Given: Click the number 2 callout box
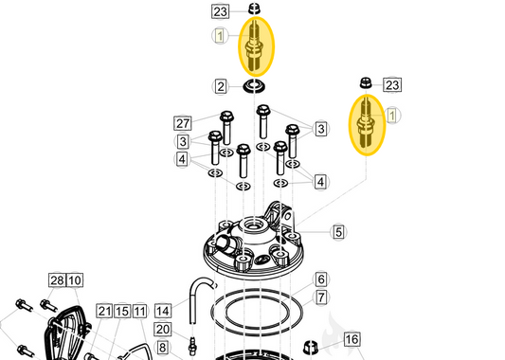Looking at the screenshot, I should pyautogui.click(x=221, y=87).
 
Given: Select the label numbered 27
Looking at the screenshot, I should pyautogui.click(x=184, y=123).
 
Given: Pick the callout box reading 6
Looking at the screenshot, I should pyautogui.click(x=321, y=279).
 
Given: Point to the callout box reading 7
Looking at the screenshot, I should pyautogui.click(x=321, y=297).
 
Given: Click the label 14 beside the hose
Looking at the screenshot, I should pyautogui.click(x=163, y=310).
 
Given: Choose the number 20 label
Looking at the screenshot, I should pyautogui.click(x=162, y=329).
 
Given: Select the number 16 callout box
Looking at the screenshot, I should pyautogui.click(x=352, y=339).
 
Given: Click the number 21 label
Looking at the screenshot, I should pyautogui.click(x=103, y=311).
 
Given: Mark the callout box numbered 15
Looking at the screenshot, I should pyautogui.click(x=121, y=311).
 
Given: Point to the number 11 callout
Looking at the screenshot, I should pyautogui.click(x=139, y=311).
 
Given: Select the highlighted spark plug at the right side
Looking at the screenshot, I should pyautogui.click(x=365, y=123).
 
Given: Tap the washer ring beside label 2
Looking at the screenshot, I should pyautogui.click(x=254, y=88).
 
